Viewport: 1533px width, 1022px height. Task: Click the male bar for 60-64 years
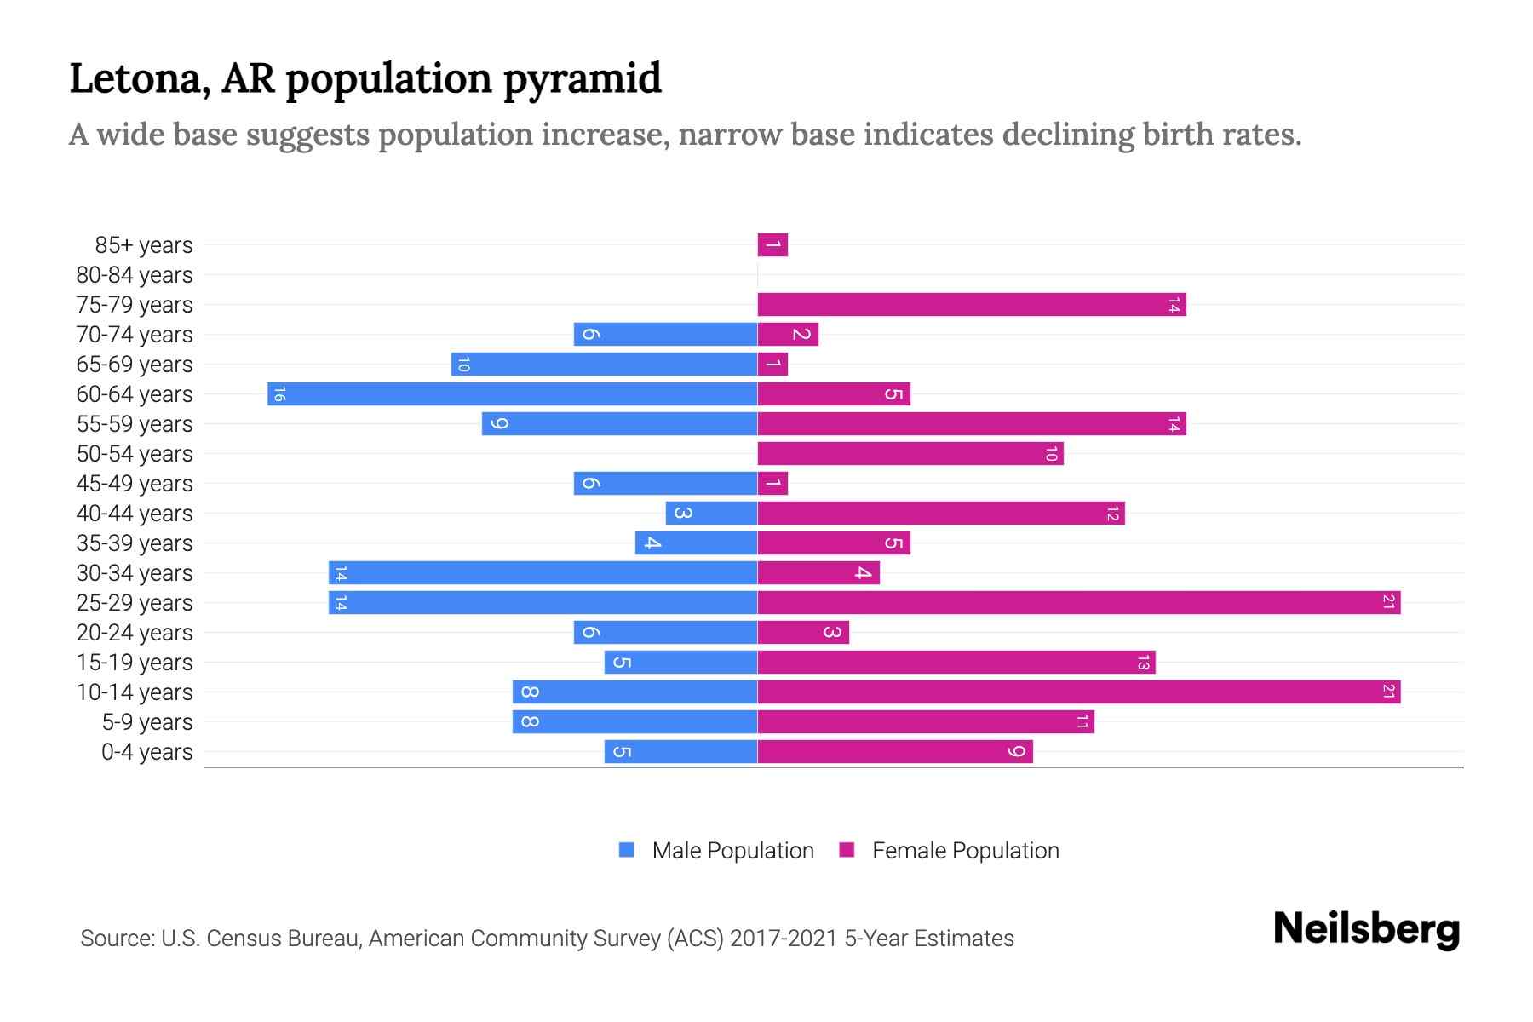point(512,394)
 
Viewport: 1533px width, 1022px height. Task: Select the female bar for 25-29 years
point(1078,603)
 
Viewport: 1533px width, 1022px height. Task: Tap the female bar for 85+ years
point(772,245)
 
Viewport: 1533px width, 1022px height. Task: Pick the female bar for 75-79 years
point(971,305)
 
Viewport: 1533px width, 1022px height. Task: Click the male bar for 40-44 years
point(711,514)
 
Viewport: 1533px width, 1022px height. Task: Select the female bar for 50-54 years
point(910,454)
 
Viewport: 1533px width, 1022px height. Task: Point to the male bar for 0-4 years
point(680,752)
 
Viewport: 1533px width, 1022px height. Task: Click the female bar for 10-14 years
point(1078,692)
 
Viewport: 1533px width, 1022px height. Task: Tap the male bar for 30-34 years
point(543,573)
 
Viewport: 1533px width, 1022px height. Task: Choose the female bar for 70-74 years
point(788,335)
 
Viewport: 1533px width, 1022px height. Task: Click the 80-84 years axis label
point(135,275)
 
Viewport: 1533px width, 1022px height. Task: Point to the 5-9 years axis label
point(147,722)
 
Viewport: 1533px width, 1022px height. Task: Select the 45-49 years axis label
point(135,484)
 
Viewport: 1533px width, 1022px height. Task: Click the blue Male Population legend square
point(627,850)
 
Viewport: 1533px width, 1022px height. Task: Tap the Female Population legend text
point(965,851)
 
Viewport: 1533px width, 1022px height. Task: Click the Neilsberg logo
point(1366,929)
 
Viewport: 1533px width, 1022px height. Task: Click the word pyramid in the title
point(582,79)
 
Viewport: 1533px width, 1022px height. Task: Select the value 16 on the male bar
point(279,394)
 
